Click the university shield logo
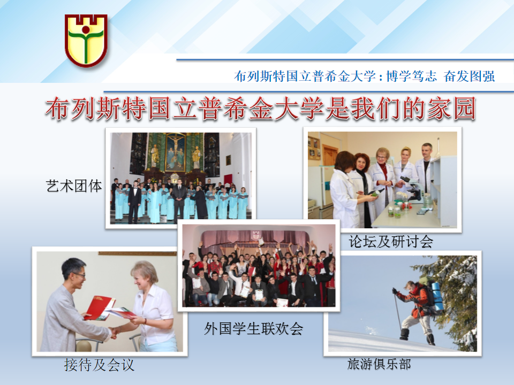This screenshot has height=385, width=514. [86, 41]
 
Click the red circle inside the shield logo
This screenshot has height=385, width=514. [86, 30]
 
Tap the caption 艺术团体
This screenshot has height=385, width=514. [74, 186]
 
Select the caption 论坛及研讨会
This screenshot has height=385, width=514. [391, 242]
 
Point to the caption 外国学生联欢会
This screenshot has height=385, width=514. [253, 328]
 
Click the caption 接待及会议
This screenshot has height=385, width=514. [100, 365]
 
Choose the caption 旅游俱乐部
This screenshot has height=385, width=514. [379, 364]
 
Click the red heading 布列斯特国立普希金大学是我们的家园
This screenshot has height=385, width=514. [261, 109]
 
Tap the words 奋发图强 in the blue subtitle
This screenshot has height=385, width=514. [469, 76]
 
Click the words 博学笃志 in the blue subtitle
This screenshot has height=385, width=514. [411, 76]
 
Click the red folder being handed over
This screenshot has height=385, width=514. [99, 308]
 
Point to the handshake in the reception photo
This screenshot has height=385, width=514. [115, 332]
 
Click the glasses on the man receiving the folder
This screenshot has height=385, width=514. [79, 275]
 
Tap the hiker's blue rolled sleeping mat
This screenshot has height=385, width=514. [437, 297]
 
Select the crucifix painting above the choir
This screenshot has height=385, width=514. [175, 152]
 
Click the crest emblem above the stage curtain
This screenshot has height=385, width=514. [255, 235]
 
